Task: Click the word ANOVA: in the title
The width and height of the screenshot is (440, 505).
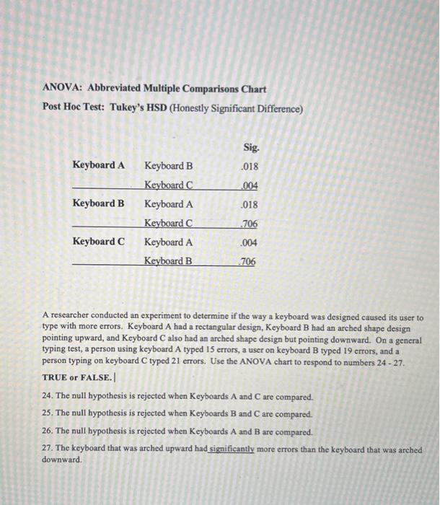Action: click(x=63, y=89)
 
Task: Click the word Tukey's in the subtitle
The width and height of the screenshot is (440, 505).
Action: click(x=128, y=109)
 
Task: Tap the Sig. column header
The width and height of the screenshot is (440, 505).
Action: click(x=250, y=147)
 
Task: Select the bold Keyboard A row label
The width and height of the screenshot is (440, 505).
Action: click(x=98, y=165)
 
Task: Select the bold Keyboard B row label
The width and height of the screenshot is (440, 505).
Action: click(x=98, y=203)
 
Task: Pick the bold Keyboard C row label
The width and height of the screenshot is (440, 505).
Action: click(x=98, y=242)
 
